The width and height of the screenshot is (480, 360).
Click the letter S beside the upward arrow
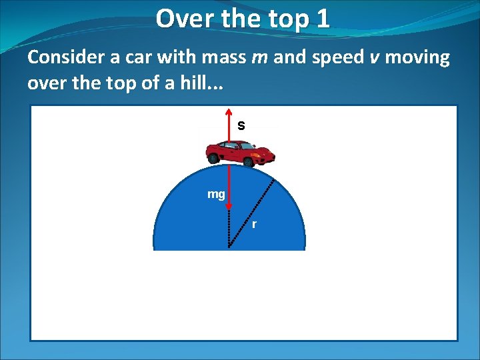241,125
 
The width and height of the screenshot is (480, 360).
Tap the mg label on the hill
216,195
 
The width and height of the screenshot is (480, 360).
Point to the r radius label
254,224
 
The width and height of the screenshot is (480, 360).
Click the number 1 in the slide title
323,19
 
